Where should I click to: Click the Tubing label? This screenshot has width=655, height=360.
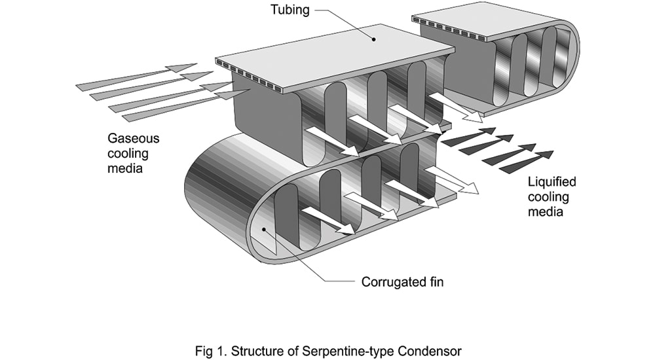pos(290,10)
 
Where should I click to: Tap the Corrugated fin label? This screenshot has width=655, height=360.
pos(402,282)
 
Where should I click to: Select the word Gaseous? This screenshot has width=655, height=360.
pos(133,138)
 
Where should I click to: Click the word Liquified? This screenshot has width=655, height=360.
pos(552,182)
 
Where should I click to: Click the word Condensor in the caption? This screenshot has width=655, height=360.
pos(430,350)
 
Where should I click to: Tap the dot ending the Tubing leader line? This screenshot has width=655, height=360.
pos(374,40)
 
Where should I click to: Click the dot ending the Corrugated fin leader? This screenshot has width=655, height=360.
pos(263,229)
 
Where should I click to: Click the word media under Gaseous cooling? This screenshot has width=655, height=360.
pos(125,168)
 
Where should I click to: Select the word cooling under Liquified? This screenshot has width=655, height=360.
pos(548,197)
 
